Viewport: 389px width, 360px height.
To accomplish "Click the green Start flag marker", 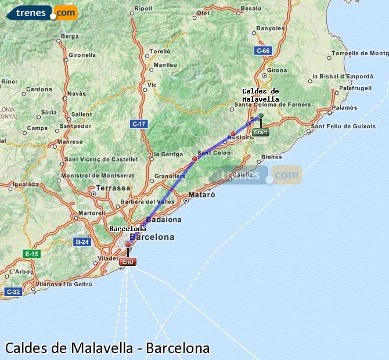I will click(261, 132).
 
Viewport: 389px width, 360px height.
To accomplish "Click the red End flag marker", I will click(128, 262).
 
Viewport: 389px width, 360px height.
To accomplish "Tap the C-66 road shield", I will click(264, 51).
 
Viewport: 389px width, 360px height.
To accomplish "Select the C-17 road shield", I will click(139, 124).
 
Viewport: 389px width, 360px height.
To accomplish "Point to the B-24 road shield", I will click(82, 241).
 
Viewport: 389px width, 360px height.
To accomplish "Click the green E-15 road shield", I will click(31, 254).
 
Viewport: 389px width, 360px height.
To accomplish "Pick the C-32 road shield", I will click(13, 291).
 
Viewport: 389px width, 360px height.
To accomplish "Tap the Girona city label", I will click(277, 70).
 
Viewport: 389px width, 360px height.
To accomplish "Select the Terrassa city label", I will click(113, 188).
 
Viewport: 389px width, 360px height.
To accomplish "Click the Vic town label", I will click(152, 85).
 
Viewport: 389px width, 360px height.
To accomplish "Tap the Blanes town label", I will click(272, 157).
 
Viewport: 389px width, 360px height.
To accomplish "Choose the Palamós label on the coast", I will click(345, 107).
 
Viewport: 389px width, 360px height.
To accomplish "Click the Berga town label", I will click(69, 36).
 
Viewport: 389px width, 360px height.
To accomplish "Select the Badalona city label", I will click(164, 219).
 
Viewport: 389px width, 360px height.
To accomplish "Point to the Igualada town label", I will click(25, 184).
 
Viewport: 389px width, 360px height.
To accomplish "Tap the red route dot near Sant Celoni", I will click(195, 158).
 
